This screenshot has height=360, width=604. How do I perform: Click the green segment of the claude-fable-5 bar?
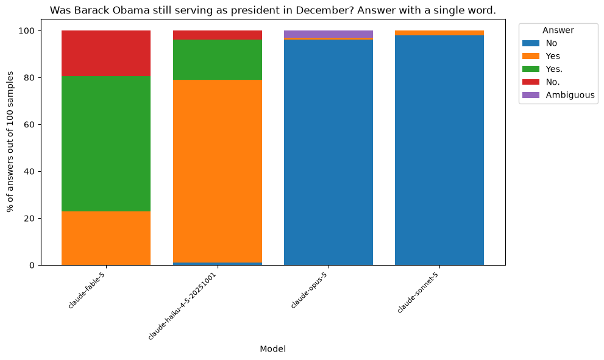tap(106, 144)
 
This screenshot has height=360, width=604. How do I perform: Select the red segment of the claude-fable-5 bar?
tap(106, 54)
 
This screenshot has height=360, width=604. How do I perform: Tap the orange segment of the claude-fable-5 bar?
tap(106, 238)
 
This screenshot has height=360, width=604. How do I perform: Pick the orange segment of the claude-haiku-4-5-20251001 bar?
tap(218, 171)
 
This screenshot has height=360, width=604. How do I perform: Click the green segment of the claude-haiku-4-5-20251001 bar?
tap(218, 60)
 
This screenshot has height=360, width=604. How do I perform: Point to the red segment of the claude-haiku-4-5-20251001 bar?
tap(218, 35)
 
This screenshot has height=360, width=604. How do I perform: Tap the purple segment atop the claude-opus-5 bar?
tap(329, 34)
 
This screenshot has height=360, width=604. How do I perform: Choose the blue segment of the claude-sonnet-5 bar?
tap(439, 150)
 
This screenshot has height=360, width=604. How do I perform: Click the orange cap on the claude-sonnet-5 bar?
tap(439, 33)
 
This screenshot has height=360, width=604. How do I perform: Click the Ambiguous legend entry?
tap(558, 95)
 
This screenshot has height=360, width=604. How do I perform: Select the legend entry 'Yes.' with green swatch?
tap(542, 69)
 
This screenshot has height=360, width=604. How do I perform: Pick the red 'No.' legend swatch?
tap(531, 82)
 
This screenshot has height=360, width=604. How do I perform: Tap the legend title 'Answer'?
tap(558, 30)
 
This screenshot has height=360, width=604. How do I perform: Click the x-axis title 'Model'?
tap(272, 349)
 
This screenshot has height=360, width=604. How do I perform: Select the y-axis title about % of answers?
tap(10, 142)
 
